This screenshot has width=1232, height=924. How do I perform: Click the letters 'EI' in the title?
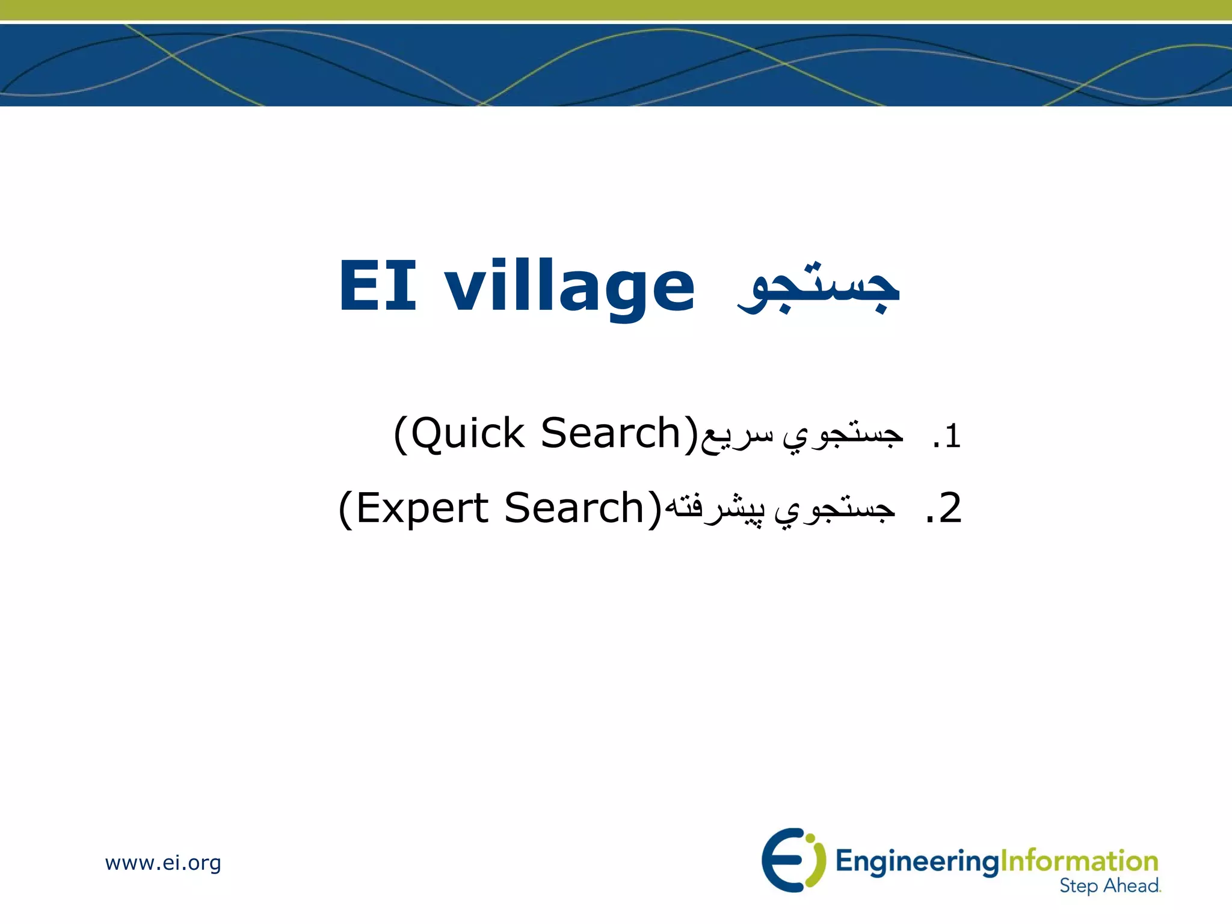click(377, 287)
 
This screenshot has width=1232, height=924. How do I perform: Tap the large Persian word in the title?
click(818, 289)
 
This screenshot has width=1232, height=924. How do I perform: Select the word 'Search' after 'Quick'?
click(611, 433)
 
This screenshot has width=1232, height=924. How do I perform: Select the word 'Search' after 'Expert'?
click(574, 508)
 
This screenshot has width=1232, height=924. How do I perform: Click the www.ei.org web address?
click(163, 863)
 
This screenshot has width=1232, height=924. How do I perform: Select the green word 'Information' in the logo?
click(1079, 861)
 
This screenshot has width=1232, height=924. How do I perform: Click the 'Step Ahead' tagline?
click(1109, 885)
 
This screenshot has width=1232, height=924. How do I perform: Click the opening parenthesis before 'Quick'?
click(401, 434)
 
